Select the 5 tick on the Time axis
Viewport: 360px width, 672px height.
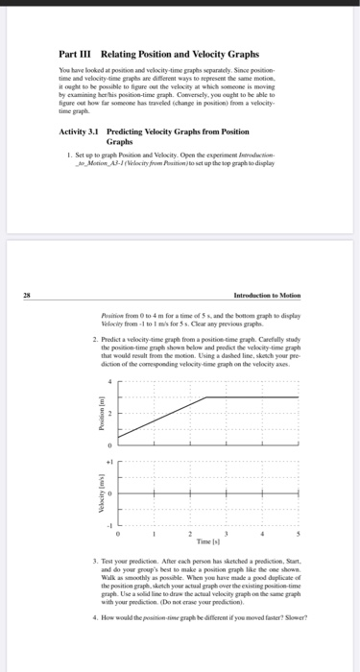pyautogui.click(x=299, y=534)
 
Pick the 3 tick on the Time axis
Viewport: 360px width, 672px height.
pyautogui.click(x=227, y=534)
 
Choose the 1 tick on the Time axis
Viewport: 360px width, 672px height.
pyautogui.click(x=155, y=534)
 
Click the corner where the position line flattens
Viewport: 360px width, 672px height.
pyautogui.click(x=208, y=396)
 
